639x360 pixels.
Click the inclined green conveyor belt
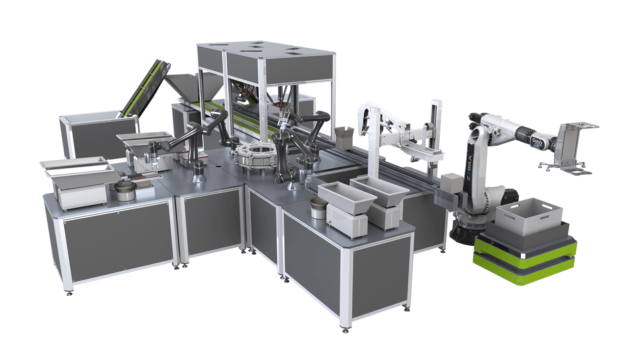pos(144,88)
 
